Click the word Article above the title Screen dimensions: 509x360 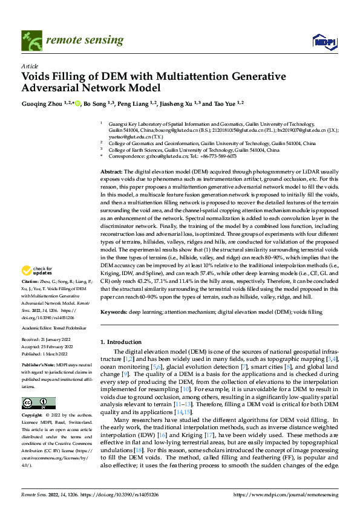[x=30, y=66]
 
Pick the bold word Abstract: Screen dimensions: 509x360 [x=112, y=172]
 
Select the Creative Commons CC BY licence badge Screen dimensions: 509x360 [x=38, y=403]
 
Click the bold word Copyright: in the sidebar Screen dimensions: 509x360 [x=33, y=415]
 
